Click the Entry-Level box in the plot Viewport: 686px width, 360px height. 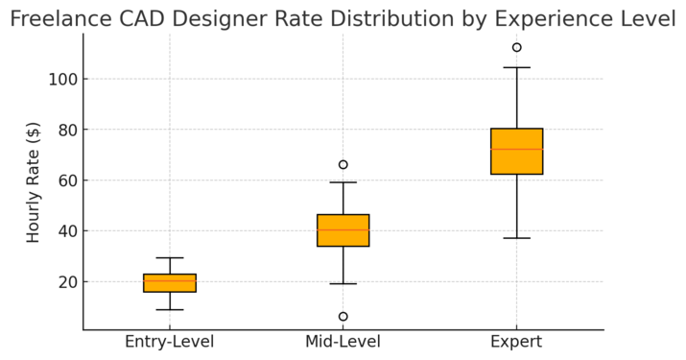tap(170, 283)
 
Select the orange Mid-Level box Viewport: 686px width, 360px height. tap(343, 230)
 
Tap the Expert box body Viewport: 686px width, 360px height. tap(516, 152)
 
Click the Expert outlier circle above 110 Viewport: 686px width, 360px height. tap(516, 47)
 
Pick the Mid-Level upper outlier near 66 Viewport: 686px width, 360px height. tap(343, 165)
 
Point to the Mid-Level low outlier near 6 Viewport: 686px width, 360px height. tap(343, 317)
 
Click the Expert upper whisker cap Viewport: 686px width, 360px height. tap(516, 68)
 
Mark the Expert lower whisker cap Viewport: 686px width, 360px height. tap(516, 238)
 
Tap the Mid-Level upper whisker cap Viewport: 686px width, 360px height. tap(343, 182)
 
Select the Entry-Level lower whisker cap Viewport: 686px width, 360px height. tap(170, 310)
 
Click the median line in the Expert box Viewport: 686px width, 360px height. tap(516, 149)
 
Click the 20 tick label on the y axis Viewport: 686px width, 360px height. tap(66, 282)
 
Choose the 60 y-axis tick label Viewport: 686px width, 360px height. tap(66, 180)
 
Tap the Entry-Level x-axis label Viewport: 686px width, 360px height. tap(170, 343)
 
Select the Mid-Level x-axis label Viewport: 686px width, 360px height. tap(343, 343)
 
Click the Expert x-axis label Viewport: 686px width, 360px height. tap(516, 343)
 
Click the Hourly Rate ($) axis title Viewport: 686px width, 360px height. tap(34, 181)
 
